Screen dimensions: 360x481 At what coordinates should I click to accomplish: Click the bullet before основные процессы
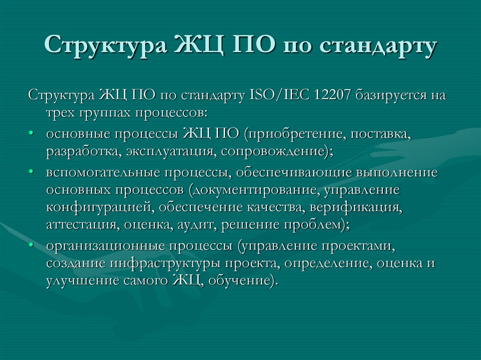click(x=31, y=133)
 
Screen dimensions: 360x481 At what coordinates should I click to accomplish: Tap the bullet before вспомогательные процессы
click(x=31, y=172)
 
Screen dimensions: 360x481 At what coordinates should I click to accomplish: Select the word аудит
click(x=196, y=224)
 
